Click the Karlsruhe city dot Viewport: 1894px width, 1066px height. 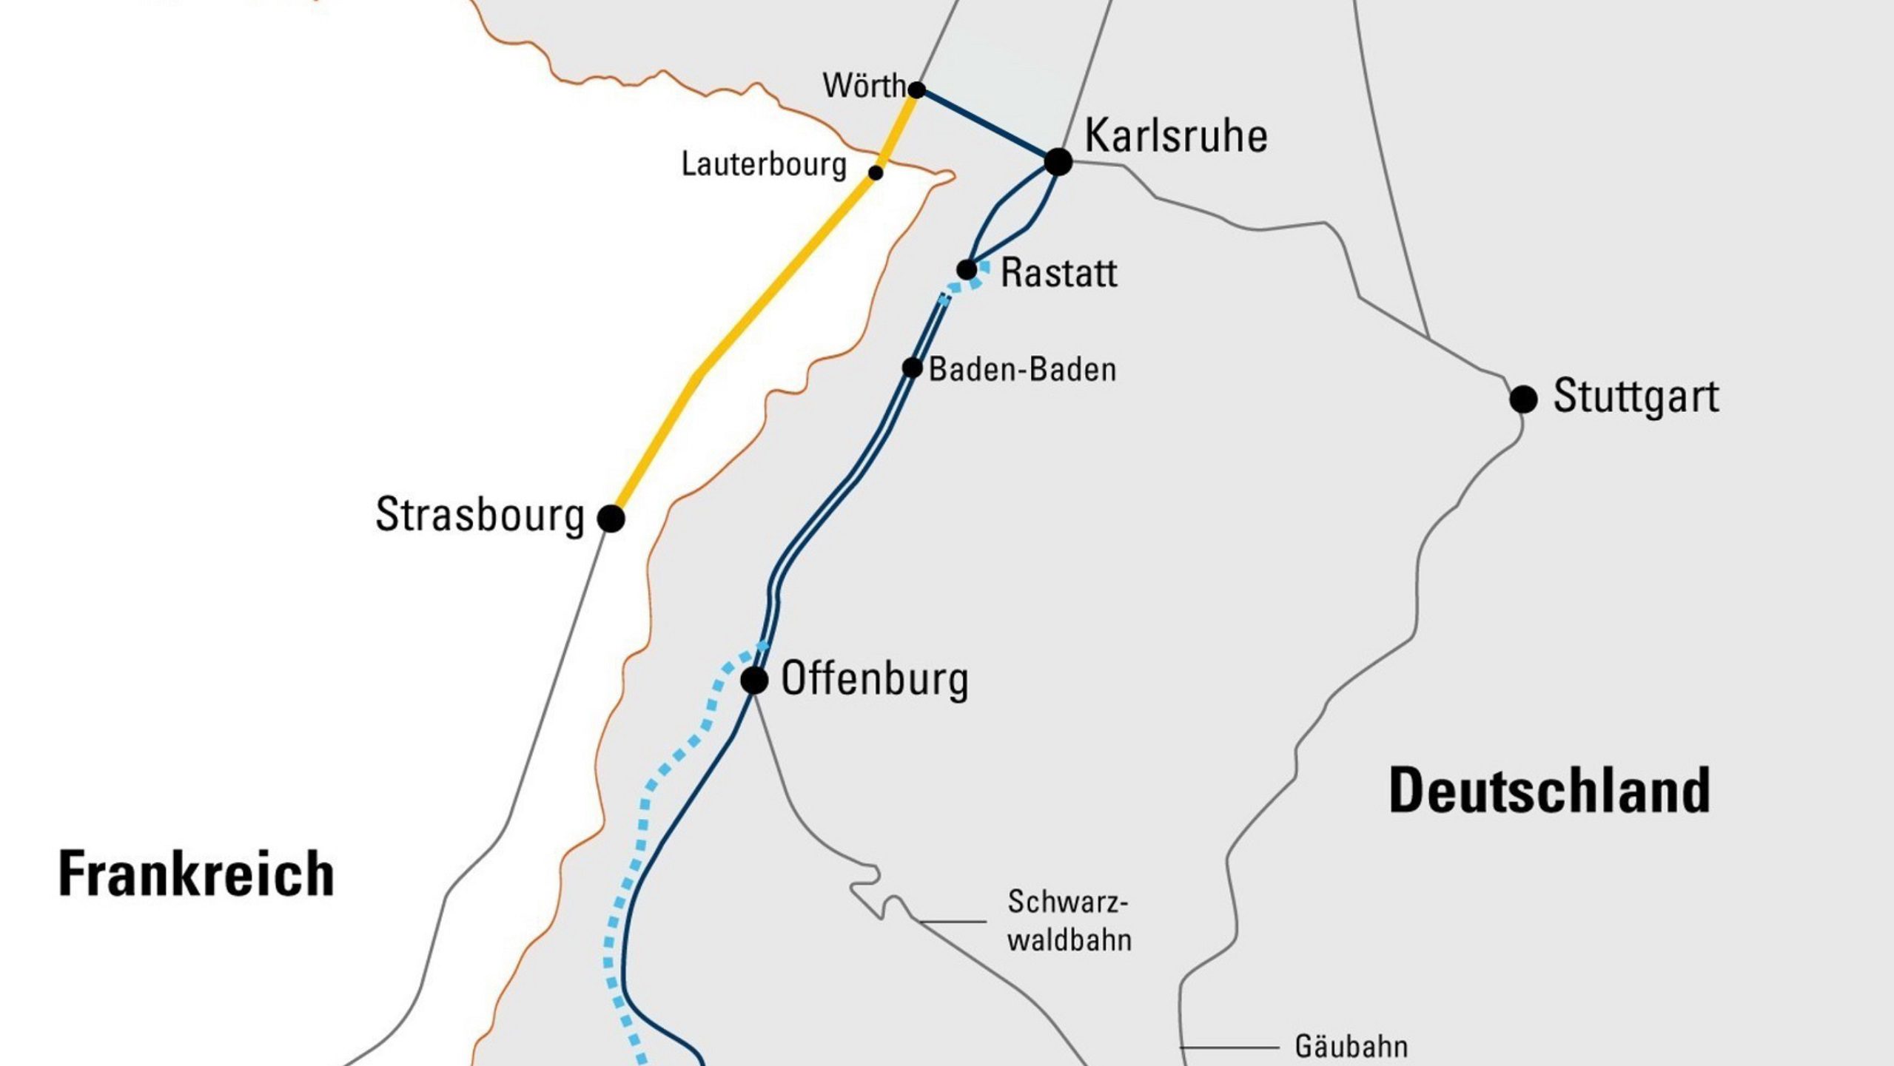click(x=1058, y=161)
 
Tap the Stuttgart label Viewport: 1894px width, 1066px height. click(x=1636, y=397)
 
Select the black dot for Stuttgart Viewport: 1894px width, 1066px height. click(x=1523, y=399)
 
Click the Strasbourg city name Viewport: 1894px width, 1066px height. click(x=480, y=515)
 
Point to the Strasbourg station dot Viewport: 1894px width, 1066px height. click(x=611, y=519)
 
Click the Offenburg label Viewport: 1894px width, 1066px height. click(x=874, y=679)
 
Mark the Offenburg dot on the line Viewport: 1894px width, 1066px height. click(x=754, y=680)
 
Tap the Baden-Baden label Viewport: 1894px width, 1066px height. click(x=1022, y=370)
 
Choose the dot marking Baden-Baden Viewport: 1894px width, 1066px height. click(x=912, y=368)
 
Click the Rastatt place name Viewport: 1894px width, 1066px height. click(x=1058, y=273)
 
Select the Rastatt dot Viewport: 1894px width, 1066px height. click(x=967, y=270)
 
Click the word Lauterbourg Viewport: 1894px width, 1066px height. click(x=763, y=164)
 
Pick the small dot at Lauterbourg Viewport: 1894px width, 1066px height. click(x=876, y=173)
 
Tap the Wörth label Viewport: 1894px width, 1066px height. click(x=864, y=87)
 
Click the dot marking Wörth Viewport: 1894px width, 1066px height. click(x=916, y=90)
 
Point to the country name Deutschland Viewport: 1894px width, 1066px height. click(x=1549, y=792)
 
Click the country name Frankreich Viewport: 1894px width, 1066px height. click(x=196, y=874)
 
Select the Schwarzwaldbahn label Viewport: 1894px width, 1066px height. click(x=1069, y=921)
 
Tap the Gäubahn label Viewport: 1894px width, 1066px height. click(x=1351, y=1047)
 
